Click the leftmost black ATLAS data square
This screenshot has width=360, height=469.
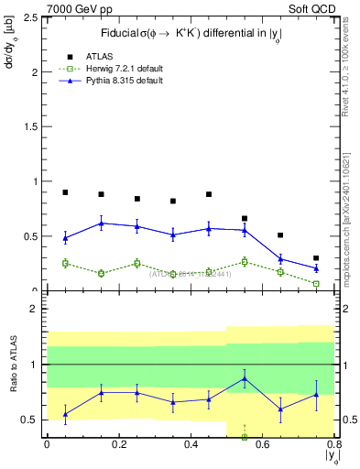click(x=65, y=192)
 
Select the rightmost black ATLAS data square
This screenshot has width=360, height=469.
click(x=316, y=258)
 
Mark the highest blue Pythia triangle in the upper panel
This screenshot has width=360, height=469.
click(x=101, y=223)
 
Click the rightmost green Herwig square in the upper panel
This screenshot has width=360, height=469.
click(x=316, y=284)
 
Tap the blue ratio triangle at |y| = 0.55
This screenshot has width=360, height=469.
click(x=245, y=378)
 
